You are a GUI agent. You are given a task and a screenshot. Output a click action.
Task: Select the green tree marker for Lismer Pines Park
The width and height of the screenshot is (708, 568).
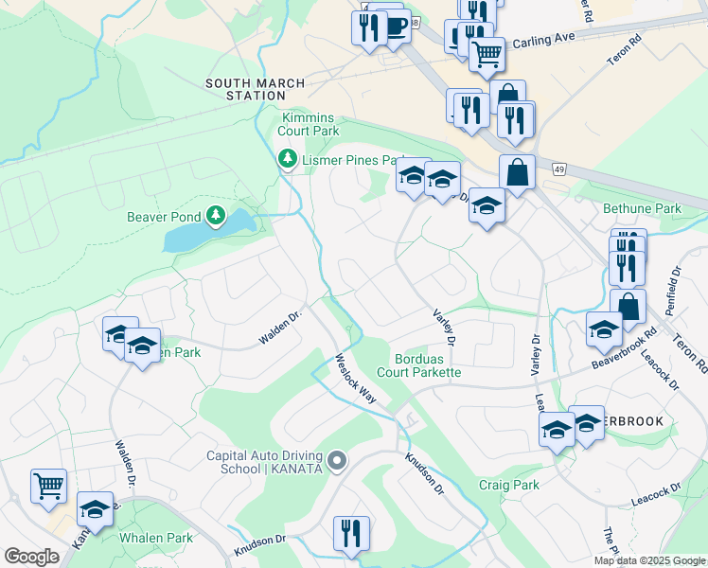pyautogui.click(x=287, y=160)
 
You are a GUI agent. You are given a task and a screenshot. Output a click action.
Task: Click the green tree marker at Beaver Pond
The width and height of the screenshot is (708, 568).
pyautogui.click(x=217, y=216)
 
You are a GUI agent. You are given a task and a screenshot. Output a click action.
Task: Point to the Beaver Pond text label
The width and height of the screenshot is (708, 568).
pyautogui.click(x=164, y=217)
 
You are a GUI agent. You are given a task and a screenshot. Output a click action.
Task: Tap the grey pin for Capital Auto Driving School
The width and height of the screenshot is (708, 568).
pyautogui.click(x=338, y=461)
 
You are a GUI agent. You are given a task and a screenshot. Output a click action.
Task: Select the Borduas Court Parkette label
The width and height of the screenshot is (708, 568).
pyautogui.click(x=427, y=365)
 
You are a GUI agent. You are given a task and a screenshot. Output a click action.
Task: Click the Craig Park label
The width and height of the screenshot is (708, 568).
pyautogui.click(x=508, y=485)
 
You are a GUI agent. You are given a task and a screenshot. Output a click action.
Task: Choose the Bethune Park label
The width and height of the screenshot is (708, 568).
pyautogui.click(x=641, y=207)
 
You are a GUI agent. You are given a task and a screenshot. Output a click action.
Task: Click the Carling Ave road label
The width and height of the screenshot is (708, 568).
pyautogui.click(x=544, y=43)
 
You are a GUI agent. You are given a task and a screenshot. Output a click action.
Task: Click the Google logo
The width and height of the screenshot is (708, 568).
pyautogui.click(x=31, y=557)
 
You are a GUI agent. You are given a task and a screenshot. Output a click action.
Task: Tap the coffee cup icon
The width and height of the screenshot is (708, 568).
pyautogui.click(x=395, y=27)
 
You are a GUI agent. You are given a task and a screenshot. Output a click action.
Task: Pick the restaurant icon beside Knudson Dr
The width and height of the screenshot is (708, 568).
pyautogui.click(x=351, y=532)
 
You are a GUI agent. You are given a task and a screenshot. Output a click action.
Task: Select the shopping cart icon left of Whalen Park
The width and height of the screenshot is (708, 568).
pyautogui.click(x=48, y=486)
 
